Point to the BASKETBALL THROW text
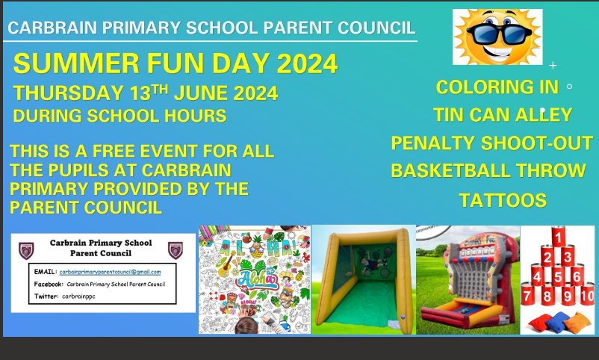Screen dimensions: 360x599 488,171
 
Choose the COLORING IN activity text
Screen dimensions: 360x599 497,87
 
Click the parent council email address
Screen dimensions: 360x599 111,272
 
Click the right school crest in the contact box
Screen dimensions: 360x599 176,249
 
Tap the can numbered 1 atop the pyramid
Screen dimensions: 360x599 556,238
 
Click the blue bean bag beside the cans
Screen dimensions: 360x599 541,323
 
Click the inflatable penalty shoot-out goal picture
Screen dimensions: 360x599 363,279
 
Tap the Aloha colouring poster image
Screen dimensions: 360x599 254,279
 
